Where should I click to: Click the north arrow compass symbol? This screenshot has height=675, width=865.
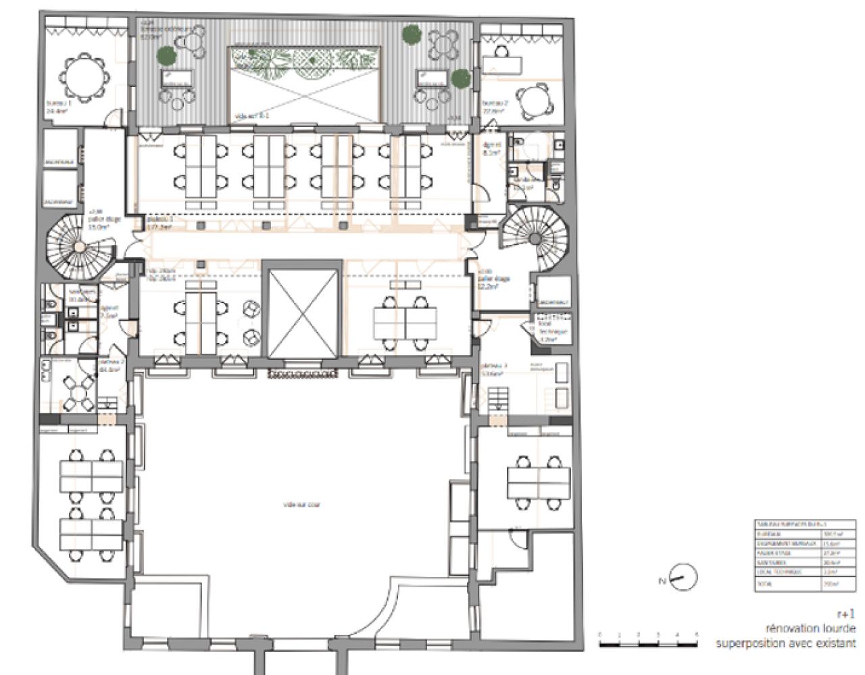pos(683,578)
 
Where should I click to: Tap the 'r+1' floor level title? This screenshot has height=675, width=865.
pos(845,614)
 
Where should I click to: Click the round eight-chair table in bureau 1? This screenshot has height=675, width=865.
pos(84,78)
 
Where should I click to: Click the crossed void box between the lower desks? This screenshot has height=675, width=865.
pos(302,313)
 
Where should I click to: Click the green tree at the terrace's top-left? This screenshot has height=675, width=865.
pos(164,55)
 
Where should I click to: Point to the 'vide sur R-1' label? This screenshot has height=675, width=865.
pos(251,116)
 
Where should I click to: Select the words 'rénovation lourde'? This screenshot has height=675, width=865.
pos(810,629)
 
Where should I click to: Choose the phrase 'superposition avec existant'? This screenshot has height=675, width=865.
pos(785,644)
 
